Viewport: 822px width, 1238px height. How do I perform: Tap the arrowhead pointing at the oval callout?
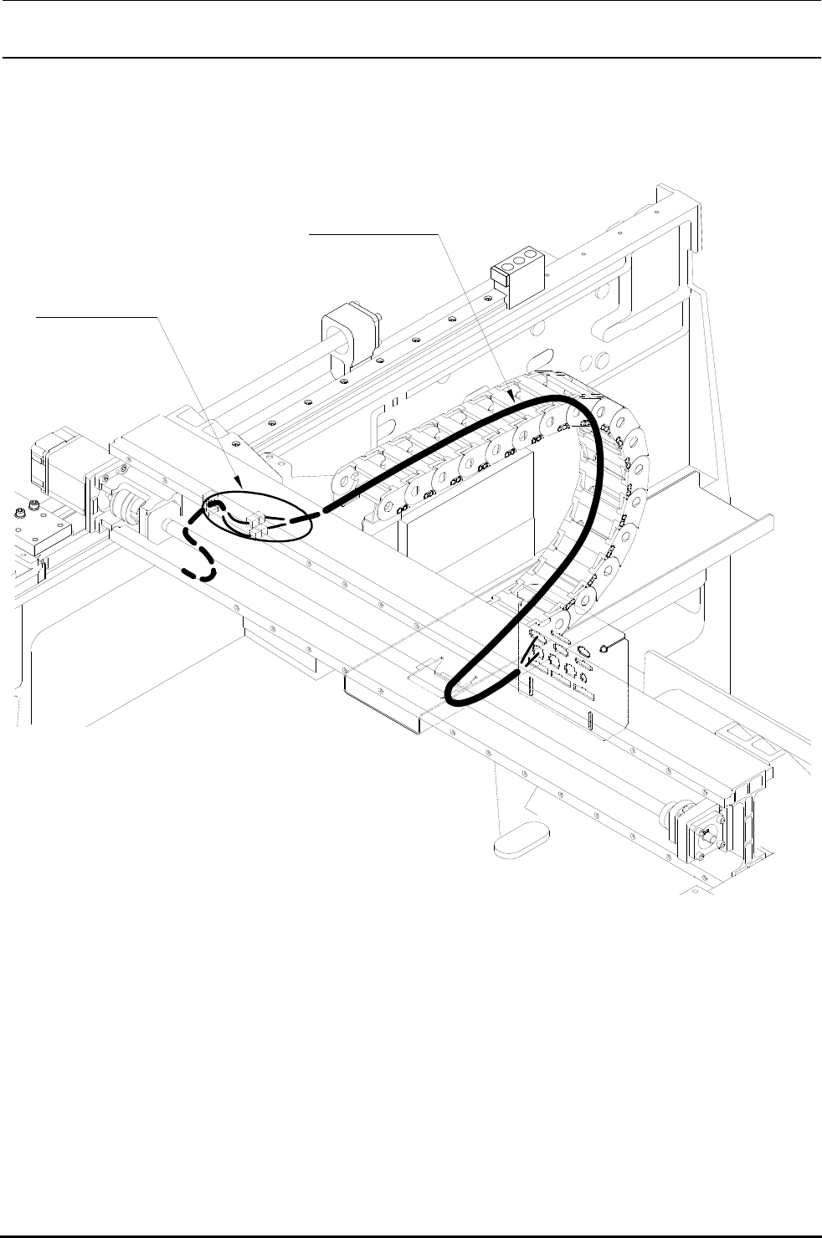point(241,483)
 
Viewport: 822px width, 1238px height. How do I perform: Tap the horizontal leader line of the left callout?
point(97,317)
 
